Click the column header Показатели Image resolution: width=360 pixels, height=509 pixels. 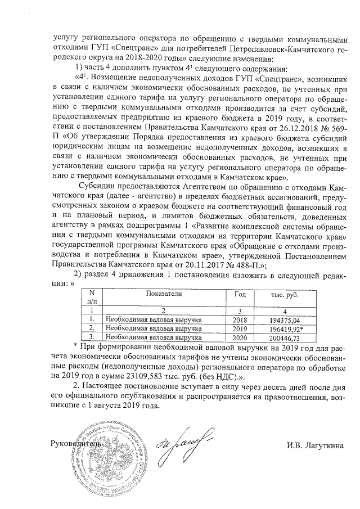click(163, 294)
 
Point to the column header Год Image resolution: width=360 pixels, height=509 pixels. click(239, 294)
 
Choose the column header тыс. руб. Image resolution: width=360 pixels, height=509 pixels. click(276, 295)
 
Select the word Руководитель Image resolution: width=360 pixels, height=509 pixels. click(76, 443)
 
